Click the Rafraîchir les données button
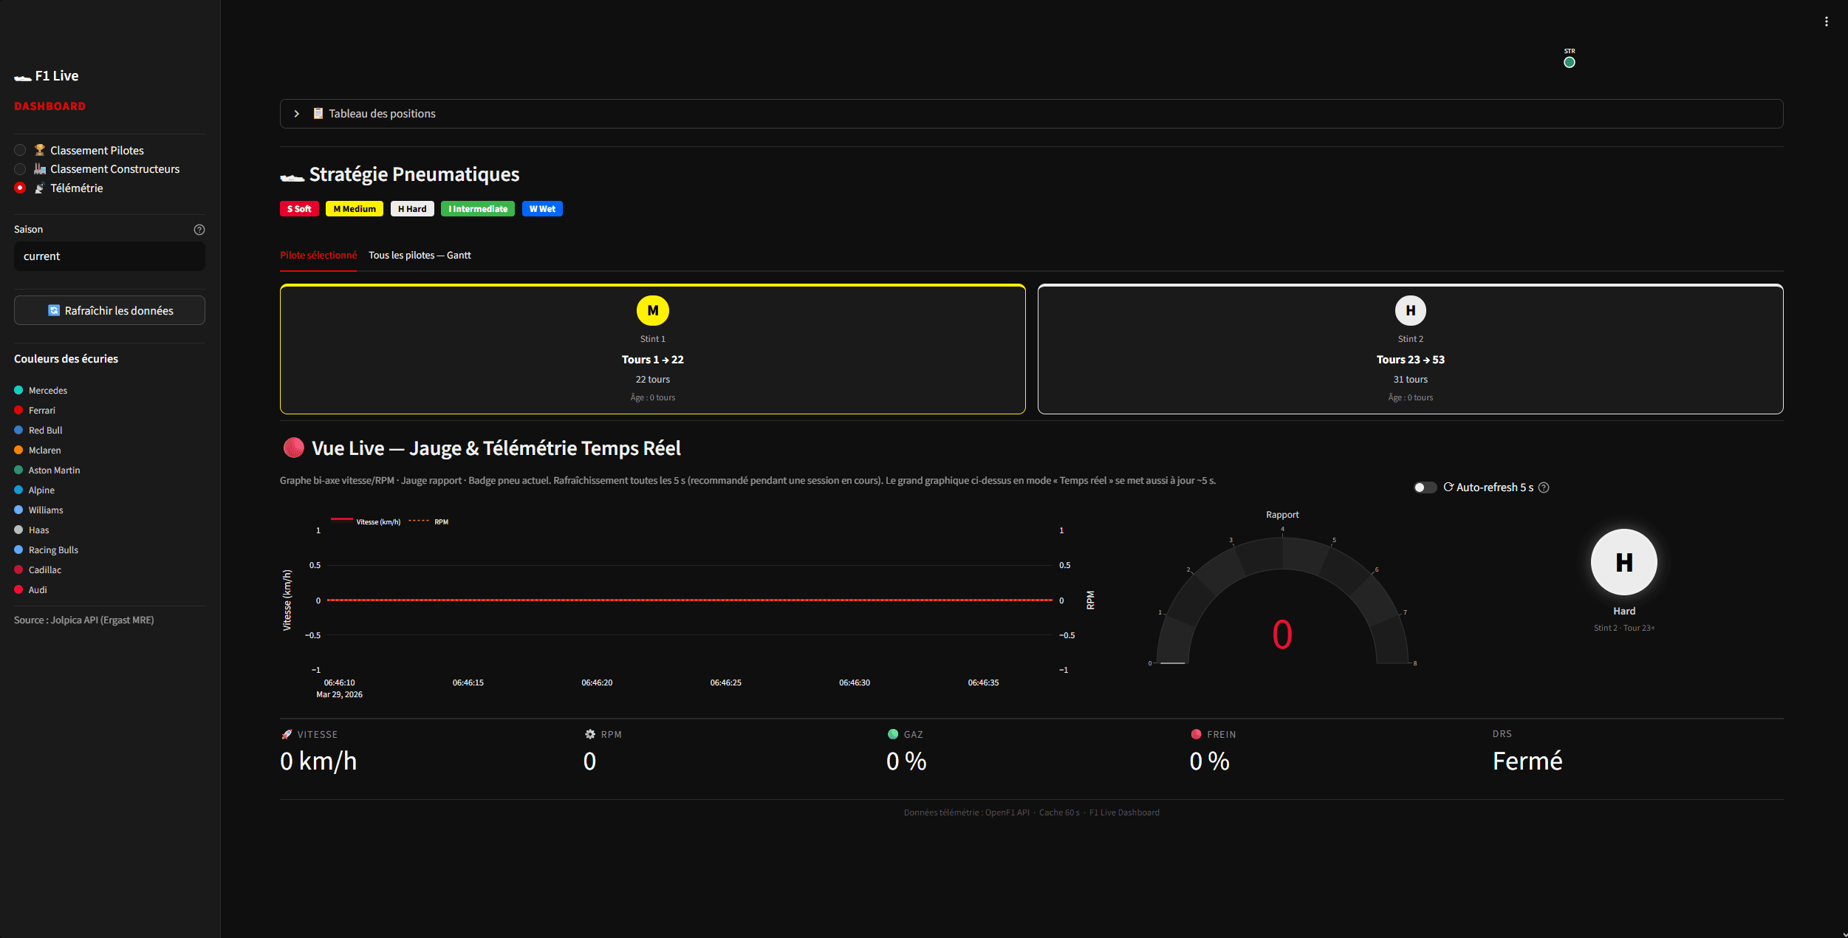[x=109, y=311]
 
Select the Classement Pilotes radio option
[x=20, y=151]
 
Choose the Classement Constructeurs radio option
[x=20, y=169]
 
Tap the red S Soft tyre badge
[x=299, y=209]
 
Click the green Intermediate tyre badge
[x=477, y=209]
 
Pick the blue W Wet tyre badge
[x=542, y=209]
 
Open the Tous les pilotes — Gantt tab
[x=420, y=256]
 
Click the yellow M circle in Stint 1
[x=652, y=311]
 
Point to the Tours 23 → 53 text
[x=1410, y=360]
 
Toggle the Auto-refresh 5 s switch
[x=1425, y=487]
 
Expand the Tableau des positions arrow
[x=297, y=114]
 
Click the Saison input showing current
[x=109, y=256]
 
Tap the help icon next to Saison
[x=199, y=230]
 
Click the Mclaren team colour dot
[x=18, y=450]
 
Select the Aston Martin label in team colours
[x=54, y=470]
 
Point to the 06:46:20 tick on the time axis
[x=597, y=682]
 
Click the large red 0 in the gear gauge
[x=1282, y=634]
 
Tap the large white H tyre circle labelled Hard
[x=1623, y=562]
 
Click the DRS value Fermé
[x=1527, y=761]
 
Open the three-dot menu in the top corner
[x=1827, y=21]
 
